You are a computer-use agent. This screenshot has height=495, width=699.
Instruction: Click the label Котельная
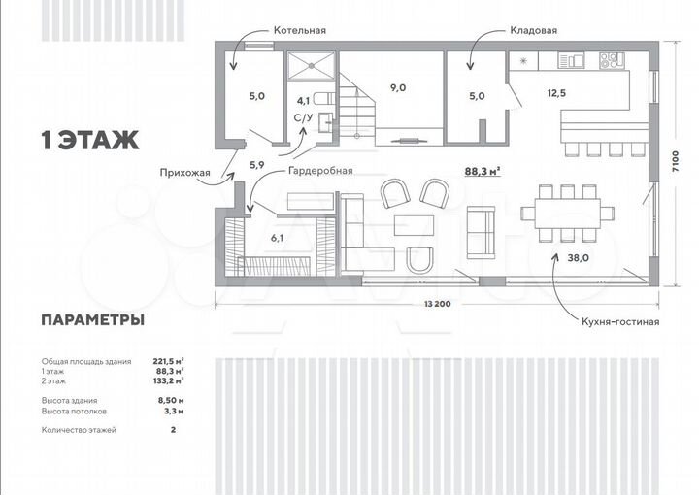tap(299, 30)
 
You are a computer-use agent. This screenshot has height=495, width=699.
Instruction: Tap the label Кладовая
tap(533, 30)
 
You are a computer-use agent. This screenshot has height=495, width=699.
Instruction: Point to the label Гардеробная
tap(318, 170)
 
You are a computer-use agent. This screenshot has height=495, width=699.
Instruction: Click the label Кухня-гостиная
tap(620, 320)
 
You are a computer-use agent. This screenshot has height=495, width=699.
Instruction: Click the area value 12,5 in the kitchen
tap(557, 93)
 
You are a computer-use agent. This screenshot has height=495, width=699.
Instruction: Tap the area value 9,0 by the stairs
tap(398, 87)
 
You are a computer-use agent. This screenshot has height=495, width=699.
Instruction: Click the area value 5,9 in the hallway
tap(257, 165)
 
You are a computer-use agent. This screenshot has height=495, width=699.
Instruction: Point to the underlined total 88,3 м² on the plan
tap(483, 171)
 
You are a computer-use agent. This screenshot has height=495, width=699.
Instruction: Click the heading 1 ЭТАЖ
tap(89, 140)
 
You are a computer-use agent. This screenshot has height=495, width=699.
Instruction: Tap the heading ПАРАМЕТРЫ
tap(93, 319)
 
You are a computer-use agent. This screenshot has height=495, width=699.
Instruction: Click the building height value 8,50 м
tap(171, 400)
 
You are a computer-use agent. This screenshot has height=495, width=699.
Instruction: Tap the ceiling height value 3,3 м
tap(173, 411)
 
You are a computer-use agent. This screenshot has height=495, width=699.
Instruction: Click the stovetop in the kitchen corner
tap(612, 60)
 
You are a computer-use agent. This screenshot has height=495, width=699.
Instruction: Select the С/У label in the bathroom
tap(303, 118)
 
